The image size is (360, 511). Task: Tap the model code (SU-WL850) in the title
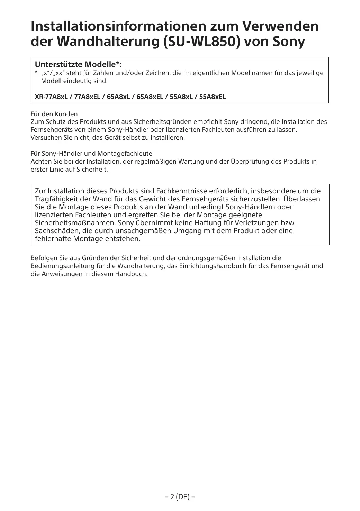(201, 42)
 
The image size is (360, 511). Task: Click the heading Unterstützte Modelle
(78, 65)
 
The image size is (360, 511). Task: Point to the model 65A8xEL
(150, 97)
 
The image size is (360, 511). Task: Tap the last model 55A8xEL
(212, 97)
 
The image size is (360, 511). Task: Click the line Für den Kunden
(54, 114)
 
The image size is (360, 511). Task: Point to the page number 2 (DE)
(180, 497)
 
